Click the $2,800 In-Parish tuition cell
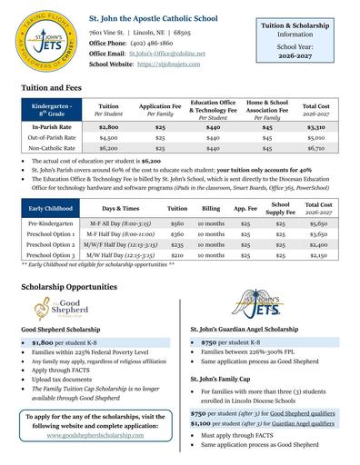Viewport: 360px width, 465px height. pyautogui.click(x=108, y=129)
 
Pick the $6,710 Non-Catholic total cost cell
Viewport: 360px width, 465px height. pyautogui.click(x=315, y=147)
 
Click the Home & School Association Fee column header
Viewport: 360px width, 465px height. pyautogui.click(x=266, y=110)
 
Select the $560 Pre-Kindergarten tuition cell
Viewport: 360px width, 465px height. pyautogui.click(x=177, y=223)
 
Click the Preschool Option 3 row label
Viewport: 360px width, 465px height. pyautogui.click(x=51, y=256)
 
